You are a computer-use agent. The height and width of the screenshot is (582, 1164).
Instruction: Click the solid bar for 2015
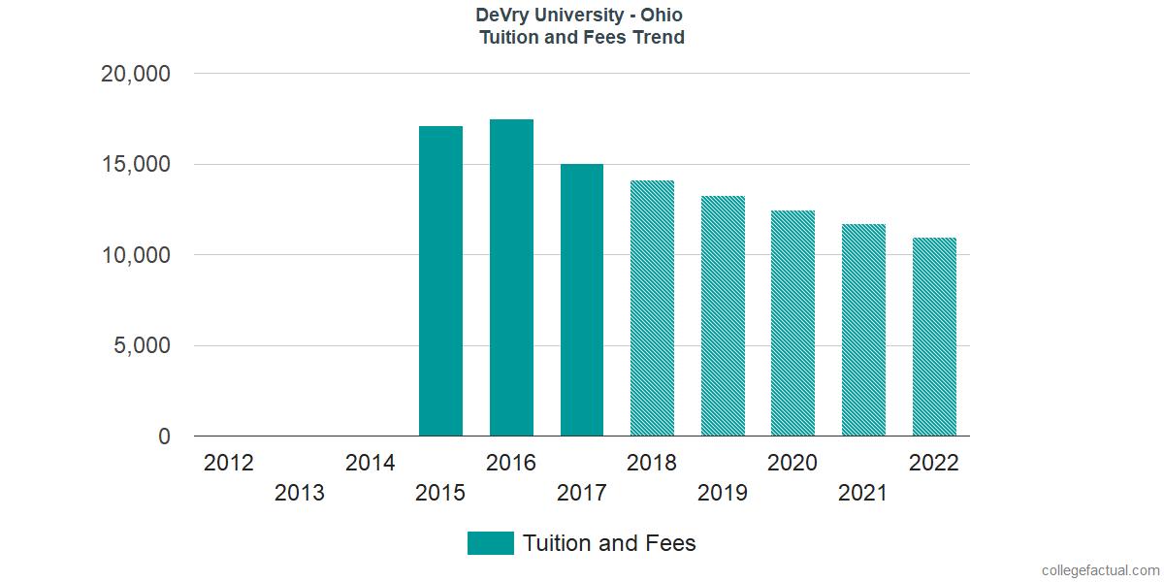pyautogui.click(x=440, y=281)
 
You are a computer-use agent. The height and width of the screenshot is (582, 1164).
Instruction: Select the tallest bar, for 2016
pyautogui.click(x=511, y=278)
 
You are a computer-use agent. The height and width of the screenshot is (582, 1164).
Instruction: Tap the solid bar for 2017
pyautogui.click(x=582, y=301)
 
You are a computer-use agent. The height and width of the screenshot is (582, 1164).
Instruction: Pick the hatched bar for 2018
pyautogui.click(x=652, y=308)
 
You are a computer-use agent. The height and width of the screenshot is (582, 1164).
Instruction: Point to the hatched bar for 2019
pyautogui.click(x=723, y=316)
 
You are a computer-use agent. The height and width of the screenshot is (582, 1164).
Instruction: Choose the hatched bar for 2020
pyautogui.click(x=792, y=324)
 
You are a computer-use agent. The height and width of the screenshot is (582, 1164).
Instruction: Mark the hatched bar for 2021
pyautogui.click(x=863, y=331)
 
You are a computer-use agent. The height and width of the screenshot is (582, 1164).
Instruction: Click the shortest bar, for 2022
pyautogui.click(x=934, y=338)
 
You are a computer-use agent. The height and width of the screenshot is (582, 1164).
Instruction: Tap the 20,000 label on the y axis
pyautogui.click(x=136, y=75)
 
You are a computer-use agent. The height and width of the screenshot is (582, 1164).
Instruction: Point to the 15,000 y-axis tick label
pyautogui.click(x=136, y=165)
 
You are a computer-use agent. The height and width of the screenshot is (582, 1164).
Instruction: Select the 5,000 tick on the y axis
pyautogui.click(x=142, y=346)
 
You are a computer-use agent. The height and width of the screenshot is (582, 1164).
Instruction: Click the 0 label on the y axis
pyautogui.click(x=164, y=437)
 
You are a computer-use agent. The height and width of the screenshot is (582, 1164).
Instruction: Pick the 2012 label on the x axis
pyautogui.click(x=229, y=463)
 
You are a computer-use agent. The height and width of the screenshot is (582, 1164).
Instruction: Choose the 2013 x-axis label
pyautogui.click(x=300, y=494)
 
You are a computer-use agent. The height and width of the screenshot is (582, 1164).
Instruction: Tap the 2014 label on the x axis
pyautogui.click(x=371, y=463)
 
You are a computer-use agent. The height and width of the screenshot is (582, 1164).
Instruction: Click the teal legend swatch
pyautogui.click(x=490, y=543)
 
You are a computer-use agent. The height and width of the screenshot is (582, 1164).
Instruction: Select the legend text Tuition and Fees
pyautogui.click(x=609, y=543)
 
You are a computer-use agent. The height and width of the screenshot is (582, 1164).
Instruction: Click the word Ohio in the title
pyautogui.click(x=662, y=16)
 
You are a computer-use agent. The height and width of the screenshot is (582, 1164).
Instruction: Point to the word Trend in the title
pyautogui.click(x=658, y=38)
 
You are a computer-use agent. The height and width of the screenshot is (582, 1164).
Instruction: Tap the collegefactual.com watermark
pyautogui.click(x=1100, y=570)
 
